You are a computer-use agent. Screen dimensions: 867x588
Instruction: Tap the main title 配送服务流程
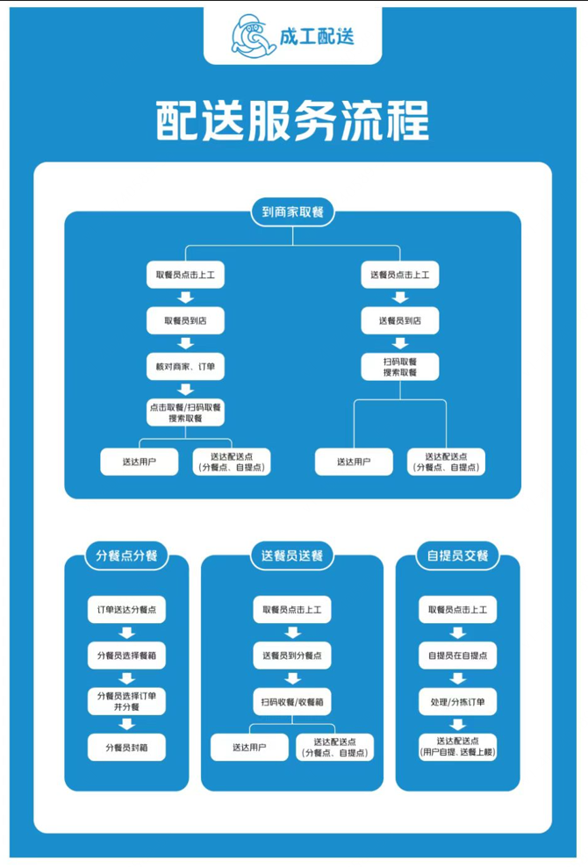[x=292, y=121]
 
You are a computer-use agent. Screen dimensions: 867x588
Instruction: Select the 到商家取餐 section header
[x=292, y=211]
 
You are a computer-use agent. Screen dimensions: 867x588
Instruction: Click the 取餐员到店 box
[x=185, y=320]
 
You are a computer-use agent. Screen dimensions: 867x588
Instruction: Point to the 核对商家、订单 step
[x=185, y=366]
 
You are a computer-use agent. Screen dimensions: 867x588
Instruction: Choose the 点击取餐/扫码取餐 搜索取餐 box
[x=185, y=412]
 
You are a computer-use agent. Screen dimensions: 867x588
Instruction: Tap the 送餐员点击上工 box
[x=400, y=276]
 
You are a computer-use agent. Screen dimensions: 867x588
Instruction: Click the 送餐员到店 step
[x=400, y=320]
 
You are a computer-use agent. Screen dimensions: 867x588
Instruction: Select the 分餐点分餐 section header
[x=126, y=555]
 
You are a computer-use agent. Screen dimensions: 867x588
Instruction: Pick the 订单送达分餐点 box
[x=126, y=610]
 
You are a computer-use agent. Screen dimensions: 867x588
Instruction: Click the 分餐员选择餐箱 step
[x=126, y=655]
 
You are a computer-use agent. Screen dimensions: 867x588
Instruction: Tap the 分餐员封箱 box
[x=126, y=748]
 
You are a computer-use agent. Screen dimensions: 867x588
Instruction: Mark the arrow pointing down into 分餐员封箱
[x=126, y=724]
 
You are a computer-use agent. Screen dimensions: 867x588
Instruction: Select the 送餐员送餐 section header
[x=292, y=555]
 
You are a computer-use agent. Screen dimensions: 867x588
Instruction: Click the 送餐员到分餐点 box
[x=292, y=655]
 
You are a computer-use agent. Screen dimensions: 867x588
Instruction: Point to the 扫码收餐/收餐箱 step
[x=292, y=701]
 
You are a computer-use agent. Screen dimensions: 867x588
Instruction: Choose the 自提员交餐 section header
[x=457, y=555]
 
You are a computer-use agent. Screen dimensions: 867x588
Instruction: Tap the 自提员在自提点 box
[x=457, y=655]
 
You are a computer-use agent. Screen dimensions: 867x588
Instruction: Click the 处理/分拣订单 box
[x=457, y=701]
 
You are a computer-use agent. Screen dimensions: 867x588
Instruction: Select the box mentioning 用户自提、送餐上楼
[x=457, y=747]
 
